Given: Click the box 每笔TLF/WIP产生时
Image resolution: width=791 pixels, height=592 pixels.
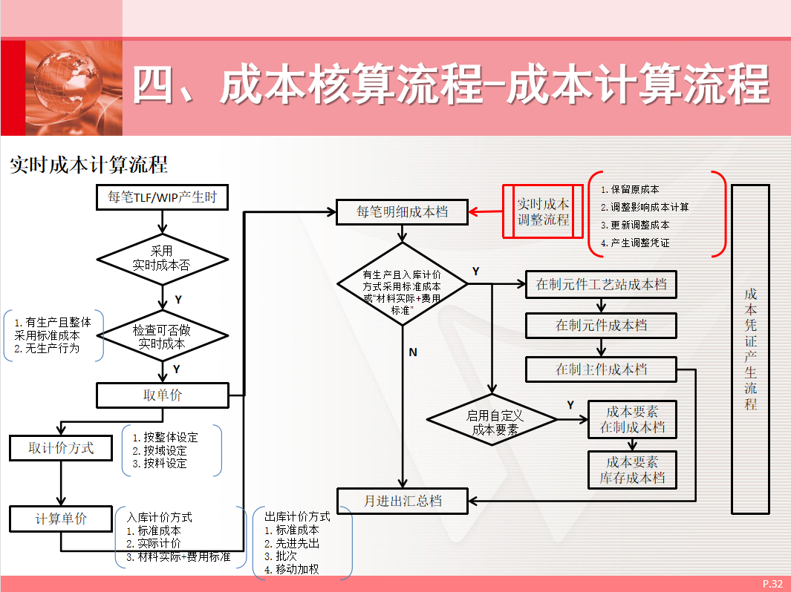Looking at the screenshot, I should (162, 197).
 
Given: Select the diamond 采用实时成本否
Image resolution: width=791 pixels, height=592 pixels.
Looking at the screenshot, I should (161, 259).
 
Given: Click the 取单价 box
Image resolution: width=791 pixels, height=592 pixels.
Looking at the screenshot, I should (162, 395).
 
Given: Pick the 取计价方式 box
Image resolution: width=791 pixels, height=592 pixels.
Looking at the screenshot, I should (62, 448).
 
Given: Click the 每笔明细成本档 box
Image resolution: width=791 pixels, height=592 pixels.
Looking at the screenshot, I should (403, 212).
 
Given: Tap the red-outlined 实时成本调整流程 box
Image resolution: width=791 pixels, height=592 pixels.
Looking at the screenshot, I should (543, 212).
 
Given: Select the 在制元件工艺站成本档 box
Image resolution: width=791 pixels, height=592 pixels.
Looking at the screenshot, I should (601, 284).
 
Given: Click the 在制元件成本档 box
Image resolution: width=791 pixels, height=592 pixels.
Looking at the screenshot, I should (601, 326).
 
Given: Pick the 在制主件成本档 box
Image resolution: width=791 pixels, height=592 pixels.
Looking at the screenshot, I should (601, 369).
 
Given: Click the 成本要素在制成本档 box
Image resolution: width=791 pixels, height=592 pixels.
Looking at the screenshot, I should (632, 420).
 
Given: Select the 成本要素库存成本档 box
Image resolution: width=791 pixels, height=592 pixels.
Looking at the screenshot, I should (632, 470).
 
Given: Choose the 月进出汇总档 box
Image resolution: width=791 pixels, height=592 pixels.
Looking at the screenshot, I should (403, 501).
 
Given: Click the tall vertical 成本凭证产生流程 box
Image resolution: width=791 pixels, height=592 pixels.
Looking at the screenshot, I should (750, 349).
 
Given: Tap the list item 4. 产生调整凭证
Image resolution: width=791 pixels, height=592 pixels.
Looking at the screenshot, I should (639, 243).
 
